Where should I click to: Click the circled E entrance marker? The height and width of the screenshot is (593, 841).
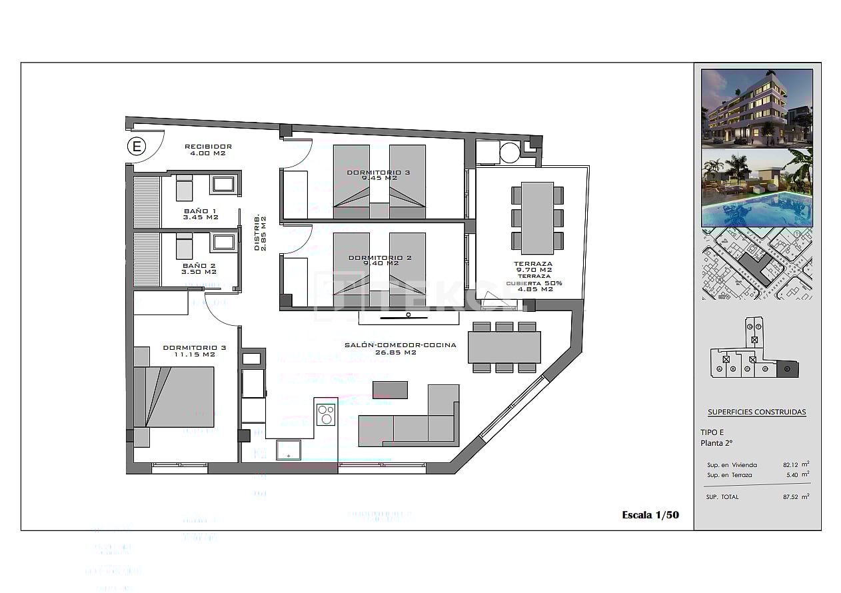pyautogui.click(x=137, y=147)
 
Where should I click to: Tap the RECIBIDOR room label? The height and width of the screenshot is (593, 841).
pyautogui.click(x=208, y=149)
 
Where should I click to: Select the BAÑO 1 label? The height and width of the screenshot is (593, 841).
pyautogui.click(x=200, y=214)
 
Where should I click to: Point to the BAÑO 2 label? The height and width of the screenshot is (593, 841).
pyautogui.click(x=199, y=268)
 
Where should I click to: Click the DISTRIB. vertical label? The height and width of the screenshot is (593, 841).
pyautogui.click(x=260, y=233)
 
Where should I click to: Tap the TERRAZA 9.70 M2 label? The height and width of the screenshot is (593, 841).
pyautogui.click(x=532, y=267)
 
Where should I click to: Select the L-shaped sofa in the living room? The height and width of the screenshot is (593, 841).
pyautogui.click(x=413, y=420)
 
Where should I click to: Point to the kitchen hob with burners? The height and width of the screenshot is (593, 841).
pyautogui.click(x=326, y=414)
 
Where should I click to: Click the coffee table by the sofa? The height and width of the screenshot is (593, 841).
pyautogui.click(x=390, y=389)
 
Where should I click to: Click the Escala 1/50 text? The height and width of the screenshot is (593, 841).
pyautogui.click(x=650, y=514)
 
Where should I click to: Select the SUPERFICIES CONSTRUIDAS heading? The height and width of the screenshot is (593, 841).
pyautogui.click(x=756, y=412)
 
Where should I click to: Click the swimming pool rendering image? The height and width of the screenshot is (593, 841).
pyautogui.click(x=756, y=188)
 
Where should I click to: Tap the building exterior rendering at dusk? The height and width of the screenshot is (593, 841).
pyautogui.click(x=756, y=107)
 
